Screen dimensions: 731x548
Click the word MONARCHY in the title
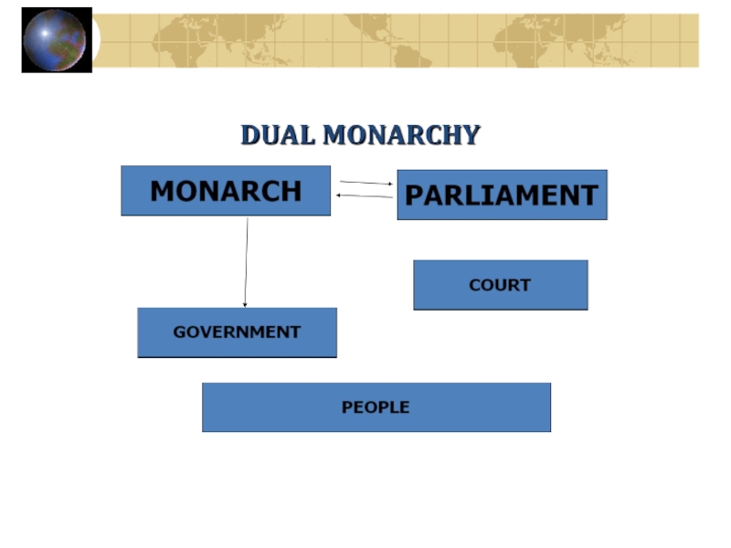pyautogui.click(x=402, y=135)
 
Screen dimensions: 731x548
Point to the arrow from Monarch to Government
pyautogui.click(x=246, y=260)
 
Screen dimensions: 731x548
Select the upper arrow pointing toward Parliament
pyautogui.click(x=365, y=183)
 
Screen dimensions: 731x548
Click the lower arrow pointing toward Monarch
pyautogui.click(x=365, y=196)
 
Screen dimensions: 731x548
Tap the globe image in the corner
pyautogui.click(x=55, y=39)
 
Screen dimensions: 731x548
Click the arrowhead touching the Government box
pyautogui.click(x=245, y=304)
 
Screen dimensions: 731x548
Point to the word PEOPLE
pyautogui.click(x=376, y=407)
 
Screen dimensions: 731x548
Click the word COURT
pyautogui.click(x=500, y=285)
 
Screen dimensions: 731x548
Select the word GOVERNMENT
pyautogui.click(x=237, y=332)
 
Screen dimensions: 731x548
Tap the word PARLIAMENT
pyautogui.click(x=502, y=195)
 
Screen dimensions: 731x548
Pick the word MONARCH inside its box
pyautogui.click(x=226, y=191)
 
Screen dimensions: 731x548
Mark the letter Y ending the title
pyautogui.click(x=471, y=135)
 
